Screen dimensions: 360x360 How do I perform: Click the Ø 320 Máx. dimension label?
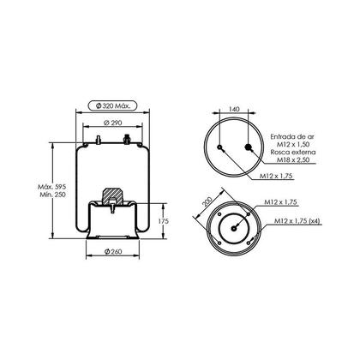click(112, 106)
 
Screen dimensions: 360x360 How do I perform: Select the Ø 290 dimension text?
click(112, 123)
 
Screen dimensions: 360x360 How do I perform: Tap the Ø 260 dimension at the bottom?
click(113, 252)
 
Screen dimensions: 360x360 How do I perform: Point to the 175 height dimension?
click(163, 221)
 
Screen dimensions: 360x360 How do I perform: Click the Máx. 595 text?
click(52, 187)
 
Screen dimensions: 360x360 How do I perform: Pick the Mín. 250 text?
click(52, 195)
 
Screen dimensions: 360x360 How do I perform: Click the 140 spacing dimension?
click(234, 109)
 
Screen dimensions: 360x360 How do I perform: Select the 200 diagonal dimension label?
click(207, 201)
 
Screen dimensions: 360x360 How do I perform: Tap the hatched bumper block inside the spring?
click(113, 196)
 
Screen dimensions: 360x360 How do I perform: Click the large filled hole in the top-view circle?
click(248, 147)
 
